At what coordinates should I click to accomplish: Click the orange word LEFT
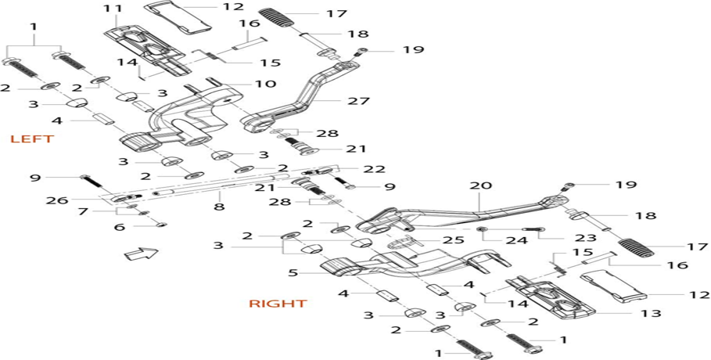tap(32, 139)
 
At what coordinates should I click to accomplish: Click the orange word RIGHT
tap(278, 303)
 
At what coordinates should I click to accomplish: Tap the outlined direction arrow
tap(141, 254)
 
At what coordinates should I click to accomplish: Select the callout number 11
tap(112, 9)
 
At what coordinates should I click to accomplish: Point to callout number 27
tap(360, 101)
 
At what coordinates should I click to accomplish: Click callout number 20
tap(481, 185)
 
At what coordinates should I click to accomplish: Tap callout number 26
tap(56, 200)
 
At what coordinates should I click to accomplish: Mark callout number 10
tap(265, 84)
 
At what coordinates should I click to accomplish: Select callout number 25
tap(454, 240)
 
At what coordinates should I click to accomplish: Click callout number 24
tap(517, 240)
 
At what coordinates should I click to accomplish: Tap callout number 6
tap(119, 226)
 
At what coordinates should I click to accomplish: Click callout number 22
tap(374, 169)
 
